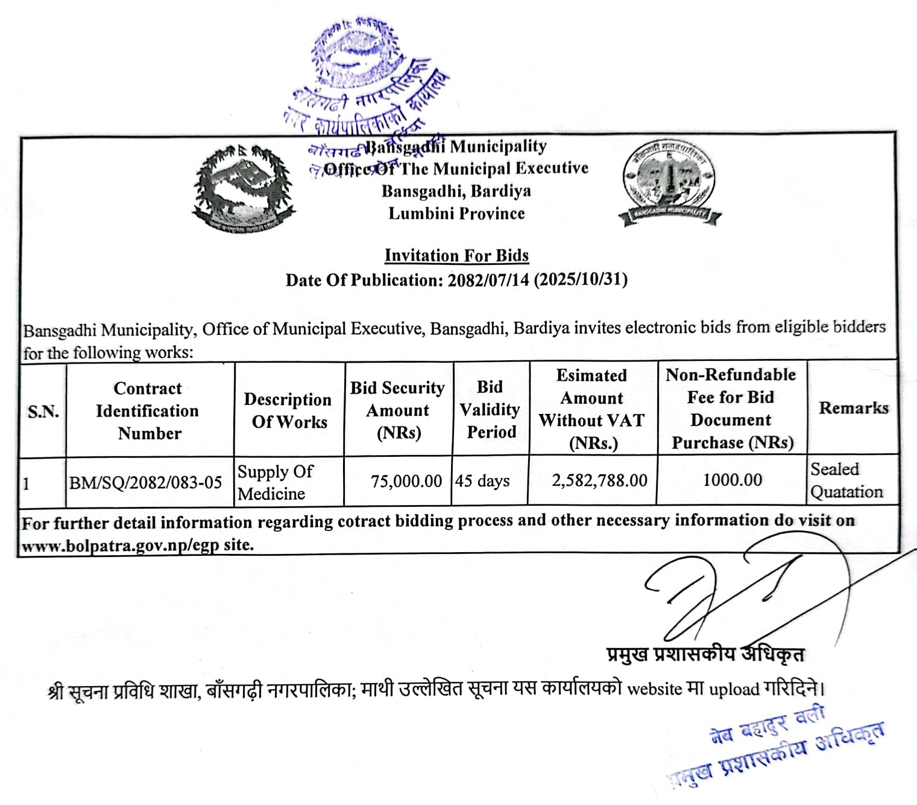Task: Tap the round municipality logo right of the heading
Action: pos(670,183)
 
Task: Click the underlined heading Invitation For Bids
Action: pos(456,256)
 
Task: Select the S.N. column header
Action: pos(43,412)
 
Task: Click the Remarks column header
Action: pos(853,408)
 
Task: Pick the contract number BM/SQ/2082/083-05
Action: pos(145,483)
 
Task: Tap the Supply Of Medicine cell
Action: pos(276,482)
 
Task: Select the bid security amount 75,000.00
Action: pos(406,481)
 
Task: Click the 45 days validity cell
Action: pos(482,481)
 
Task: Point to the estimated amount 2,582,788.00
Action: pos(599,480)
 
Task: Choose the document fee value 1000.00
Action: pos(733,480)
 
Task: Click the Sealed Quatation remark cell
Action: pos(846,480)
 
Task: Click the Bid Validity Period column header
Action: pos(490,409)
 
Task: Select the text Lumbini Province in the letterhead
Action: pos(456,214)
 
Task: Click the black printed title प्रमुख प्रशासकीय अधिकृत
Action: pos(705,654)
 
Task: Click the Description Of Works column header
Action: pos(288,410)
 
